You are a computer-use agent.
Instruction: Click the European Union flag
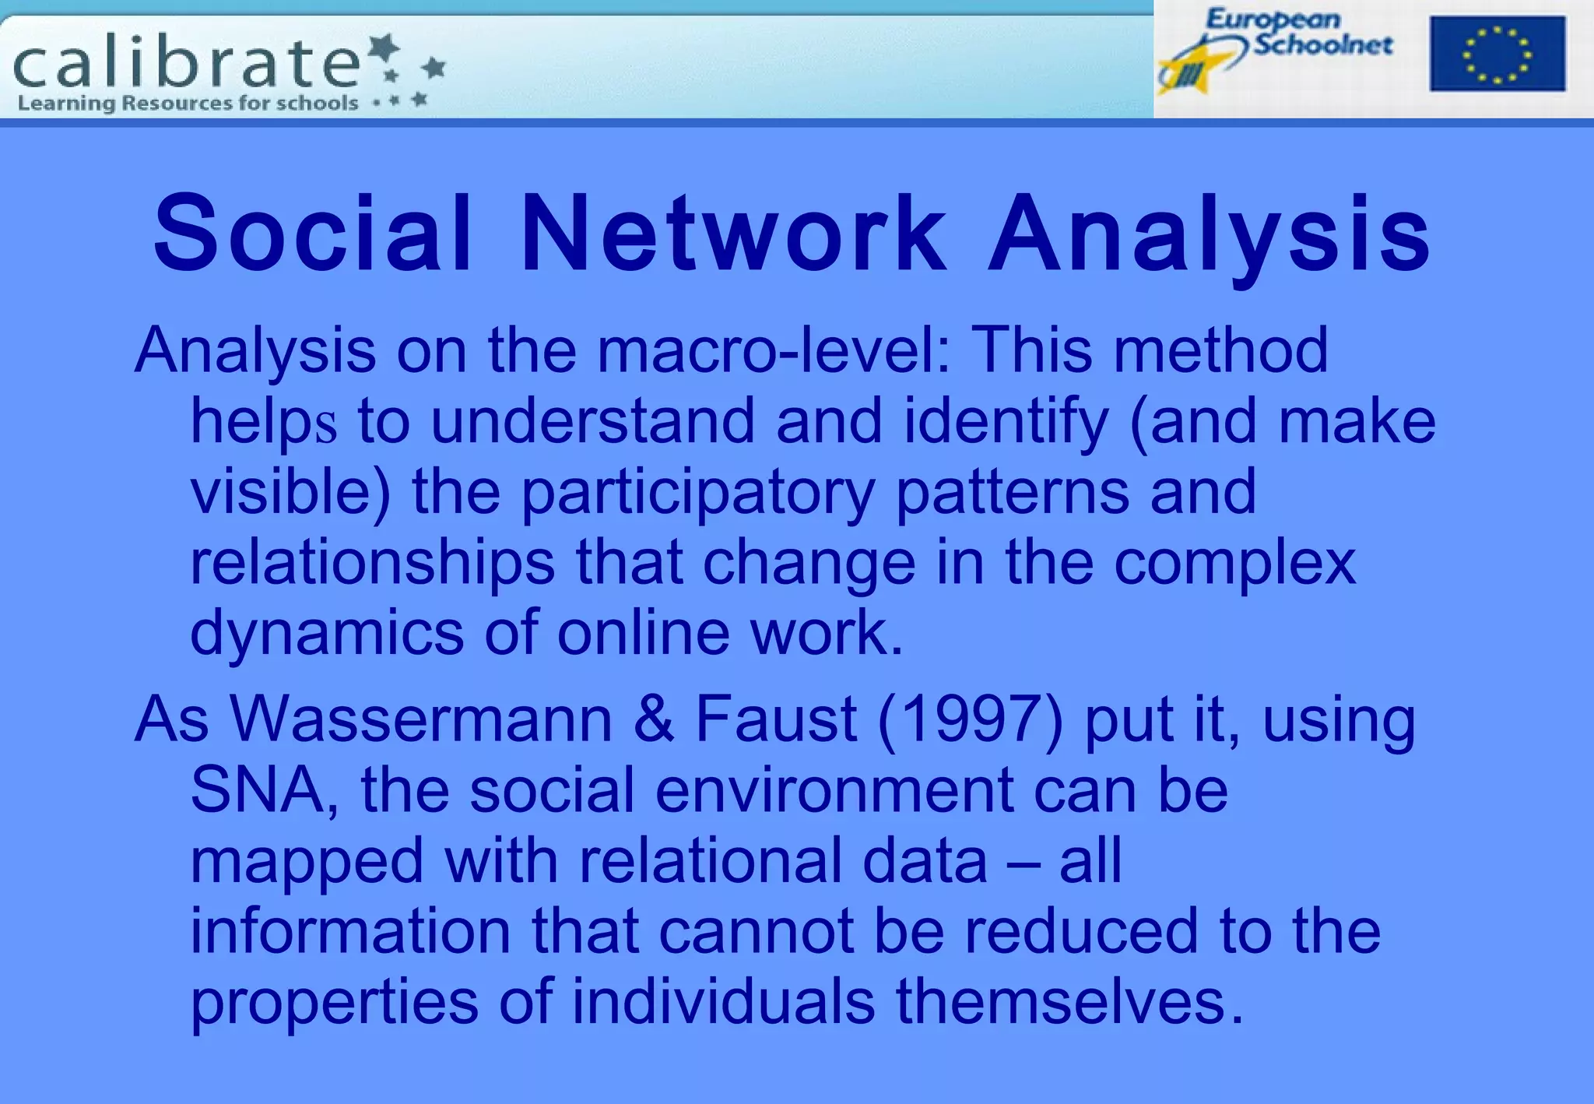click(1497, 54)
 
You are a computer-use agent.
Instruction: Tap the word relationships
click(372, 564)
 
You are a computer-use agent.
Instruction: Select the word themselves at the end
click(1062, 1001)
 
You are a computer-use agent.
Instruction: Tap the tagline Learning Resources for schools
click(188, 104)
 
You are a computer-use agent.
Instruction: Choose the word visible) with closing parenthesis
click(290, 493)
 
